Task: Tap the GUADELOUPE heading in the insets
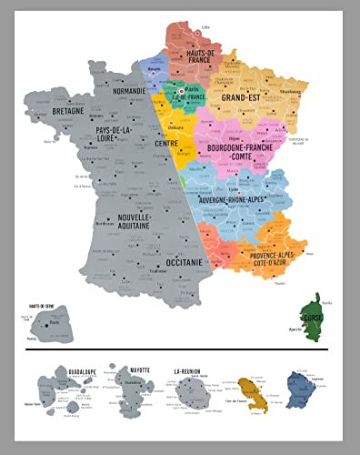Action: [x=75, y=371]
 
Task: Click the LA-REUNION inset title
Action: [x=189, y=371]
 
